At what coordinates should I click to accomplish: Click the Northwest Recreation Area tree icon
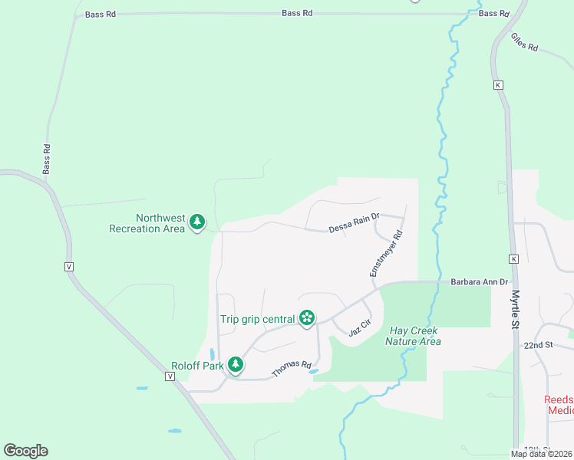point(198,222)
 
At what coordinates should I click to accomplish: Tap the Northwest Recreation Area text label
point(147,223)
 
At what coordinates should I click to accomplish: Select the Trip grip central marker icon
point(307,318)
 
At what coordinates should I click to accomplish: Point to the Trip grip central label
point(257,319)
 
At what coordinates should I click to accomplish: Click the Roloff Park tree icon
point(236,365)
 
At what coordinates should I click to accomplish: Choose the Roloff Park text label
point(197,366)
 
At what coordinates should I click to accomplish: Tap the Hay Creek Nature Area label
point(413,336)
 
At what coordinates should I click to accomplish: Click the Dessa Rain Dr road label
point(355,224)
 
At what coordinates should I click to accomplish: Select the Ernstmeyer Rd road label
point(386,255)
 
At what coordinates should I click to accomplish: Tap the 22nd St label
point(539,345)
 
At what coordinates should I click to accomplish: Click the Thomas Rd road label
point(292,370)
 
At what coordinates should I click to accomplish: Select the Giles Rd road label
point(524,41)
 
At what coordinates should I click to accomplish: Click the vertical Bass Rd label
point(47,159)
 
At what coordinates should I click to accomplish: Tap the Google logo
point(25,451)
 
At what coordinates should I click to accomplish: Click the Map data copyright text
point(541,454)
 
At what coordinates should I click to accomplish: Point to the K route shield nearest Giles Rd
point(498,84)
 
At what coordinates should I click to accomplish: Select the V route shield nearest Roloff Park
point(170,376)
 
